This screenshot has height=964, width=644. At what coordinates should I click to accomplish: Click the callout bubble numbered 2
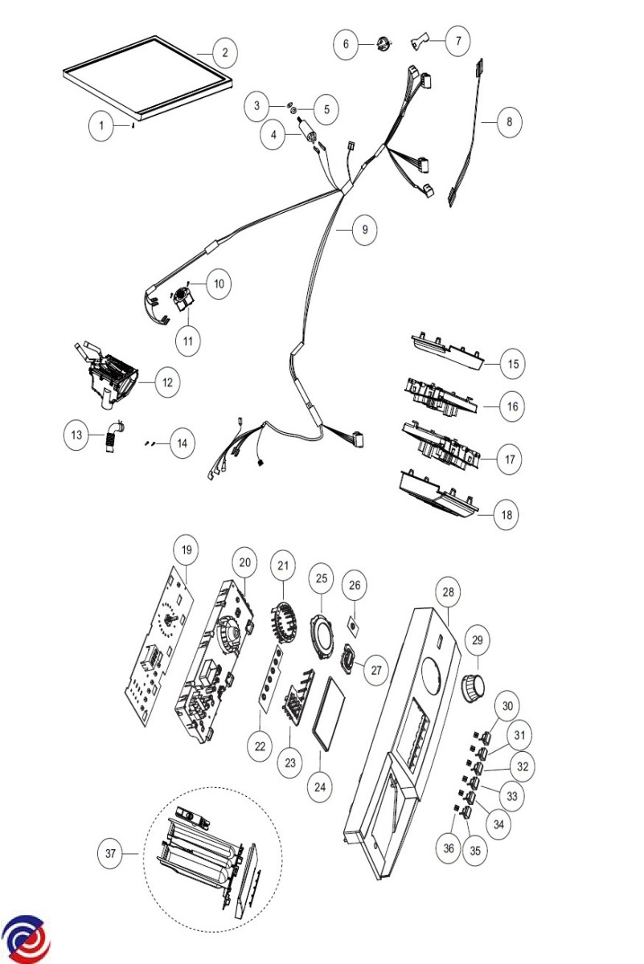tap(224, 52)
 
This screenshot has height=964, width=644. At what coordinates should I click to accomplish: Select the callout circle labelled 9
tap(364, 230)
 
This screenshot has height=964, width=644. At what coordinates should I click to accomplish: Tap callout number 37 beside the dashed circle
tap(110, 853)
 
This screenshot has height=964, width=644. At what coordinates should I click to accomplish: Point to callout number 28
tap(448, 592)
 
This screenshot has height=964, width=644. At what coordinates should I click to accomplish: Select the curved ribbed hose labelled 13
tap(113, 435)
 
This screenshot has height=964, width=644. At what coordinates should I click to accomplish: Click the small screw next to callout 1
tap(133, 125)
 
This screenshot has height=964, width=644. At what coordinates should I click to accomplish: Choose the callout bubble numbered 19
tap(186, 549)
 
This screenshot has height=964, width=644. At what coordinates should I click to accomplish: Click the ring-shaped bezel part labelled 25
tap(322, 636)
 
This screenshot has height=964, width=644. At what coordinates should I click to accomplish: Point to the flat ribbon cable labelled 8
tap(466, 133)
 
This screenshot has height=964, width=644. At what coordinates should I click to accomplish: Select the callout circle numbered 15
tap(513, 364)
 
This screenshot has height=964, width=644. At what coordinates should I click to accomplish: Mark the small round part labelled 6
tap(383, 44)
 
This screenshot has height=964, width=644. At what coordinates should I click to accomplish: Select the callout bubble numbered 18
tap(507, 514)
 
